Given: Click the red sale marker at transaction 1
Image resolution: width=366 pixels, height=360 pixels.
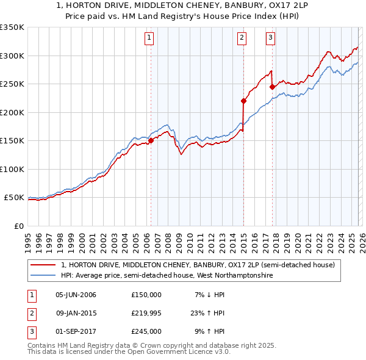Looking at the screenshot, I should point(151,140).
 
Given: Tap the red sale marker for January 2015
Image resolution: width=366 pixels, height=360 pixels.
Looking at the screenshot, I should point(243,101).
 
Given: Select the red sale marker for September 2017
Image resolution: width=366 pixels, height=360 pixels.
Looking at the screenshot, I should point(272,87).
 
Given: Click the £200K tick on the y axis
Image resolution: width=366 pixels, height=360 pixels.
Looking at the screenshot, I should point(12,112).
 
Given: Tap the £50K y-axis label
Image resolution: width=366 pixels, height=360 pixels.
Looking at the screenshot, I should point(14,198).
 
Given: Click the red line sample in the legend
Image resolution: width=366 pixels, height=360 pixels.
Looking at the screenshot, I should point(43,265).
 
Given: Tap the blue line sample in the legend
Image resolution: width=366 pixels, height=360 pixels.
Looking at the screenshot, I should point(43,276).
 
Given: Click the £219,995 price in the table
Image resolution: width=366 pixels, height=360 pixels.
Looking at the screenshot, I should point(146,313).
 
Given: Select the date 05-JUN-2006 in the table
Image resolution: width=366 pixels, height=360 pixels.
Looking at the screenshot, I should point(76,295).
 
